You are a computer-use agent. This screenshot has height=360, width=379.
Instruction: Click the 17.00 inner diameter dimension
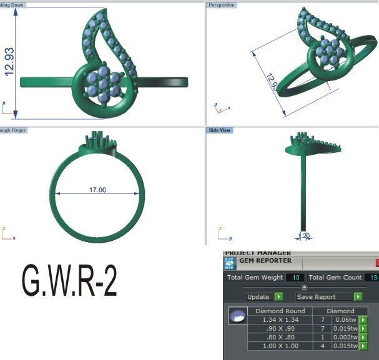97,190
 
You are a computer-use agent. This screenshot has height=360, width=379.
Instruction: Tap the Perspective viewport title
222,4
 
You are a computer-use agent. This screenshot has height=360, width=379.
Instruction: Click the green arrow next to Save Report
358,297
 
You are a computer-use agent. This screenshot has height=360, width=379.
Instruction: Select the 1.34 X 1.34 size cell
276,320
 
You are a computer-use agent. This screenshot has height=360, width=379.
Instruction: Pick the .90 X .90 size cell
276,329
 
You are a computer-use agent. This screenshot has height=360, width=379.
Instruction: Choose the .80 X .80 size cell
276,338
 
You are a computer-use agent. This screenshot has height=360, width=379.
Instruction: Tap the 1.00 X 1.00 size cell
276,346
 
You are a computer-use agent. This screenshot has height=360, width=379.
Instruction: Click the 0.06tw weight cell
345,320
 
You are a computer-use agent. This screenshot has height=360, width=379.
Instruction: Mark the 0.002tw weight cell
345,338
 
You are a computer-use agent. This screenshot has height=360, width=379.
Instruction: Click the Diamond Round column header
276,311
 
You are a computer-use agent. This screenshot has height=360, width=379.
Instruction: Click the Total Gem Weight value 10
295,277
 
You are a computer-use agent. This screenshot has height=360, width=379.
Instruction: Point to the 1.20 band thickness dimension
305,236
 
